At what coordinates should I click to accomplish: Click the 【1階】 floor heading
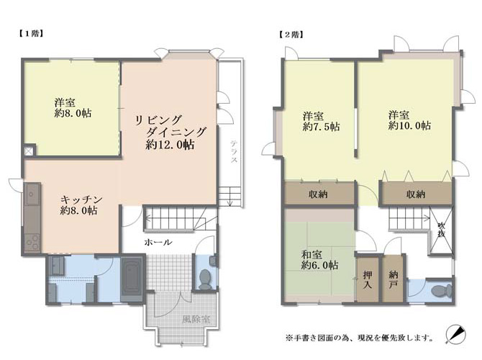(x=29, y=34)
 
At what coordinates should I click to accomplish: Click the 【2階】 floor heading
(x=291, y=35)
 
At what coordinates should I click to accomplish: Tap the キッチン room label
(x=81, y=200)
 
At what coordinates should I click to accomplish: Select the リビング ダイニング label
(x=170, y=126)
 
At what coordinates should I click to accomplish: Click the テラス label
(x=234, y=151)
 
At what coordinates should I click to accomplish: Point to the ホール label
(x=158, y=242)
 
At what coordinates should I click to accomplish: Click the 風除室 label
(x=196, y=320)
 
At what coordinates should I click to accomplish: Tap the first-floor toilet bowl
(x=204, y=279)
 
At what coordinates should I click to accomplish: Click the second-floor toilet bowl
(x=442, y=291)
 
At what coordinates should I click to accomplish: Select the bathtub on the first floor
(x=132, y=279)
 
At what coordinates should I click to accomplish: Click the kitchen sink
(x=32, y=194)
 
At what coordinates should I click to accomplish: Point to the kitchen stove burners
(x=32, y=243)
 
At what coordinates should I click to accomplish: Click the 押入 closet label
(x=368, y=279)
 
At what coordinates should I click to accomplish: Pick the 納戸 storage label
(x=393, y=279)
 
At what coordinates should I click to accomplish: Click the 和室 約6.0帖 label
(x=319, y=260)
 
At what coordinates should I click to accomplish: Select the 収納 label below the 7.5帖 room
(x=319, y=194)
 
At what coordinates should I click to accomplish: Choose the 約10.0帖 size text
(x=409, y=125)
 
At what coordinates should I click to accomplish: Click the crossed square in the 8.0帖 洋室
(x=28, y=151)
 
